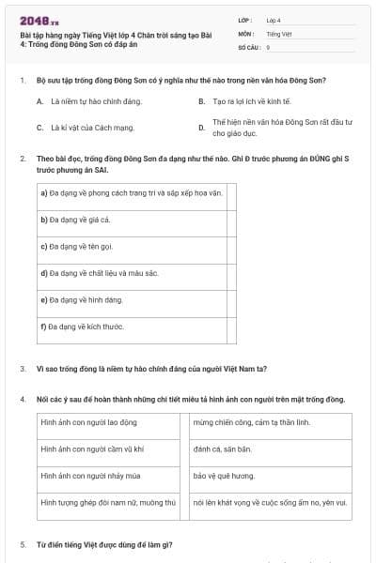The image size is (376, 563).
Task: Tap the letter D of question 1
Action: [201, 127]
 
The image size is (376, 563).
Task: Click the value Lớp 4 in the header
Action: [274, 20]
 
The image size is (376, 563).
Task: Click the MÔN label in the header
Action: [245, 33]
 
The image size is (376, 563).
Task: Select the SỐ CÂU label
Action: [248, 46]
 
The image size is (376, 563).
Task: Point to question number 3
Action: [23, 368]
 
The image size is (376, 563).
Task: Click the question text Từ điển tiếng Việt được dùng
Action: [103, 544]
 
